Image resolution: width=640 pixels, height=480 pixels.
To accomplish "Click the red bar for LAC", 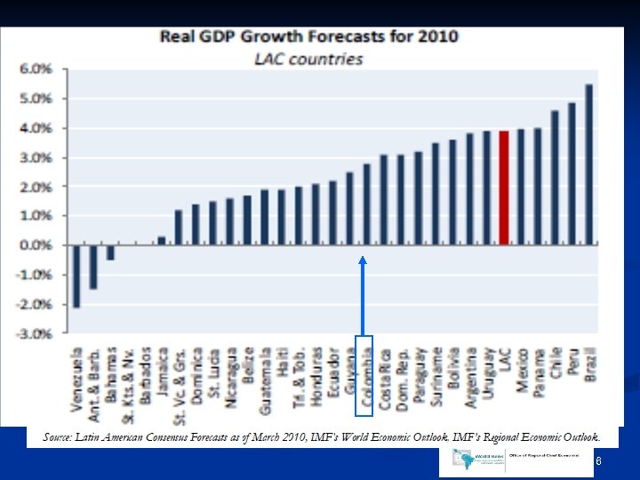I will point(504,188).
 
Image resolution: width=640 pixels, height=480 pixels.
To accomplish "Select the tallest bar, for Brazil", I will point(588,164).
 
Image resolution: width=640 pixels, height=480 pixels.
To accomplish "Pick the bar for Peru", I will point(572,173).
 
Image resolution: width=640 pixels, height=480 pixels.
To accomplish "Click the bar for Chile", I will point(555,177).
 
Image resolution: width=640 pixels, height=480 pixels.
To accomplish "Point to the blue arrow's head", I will point(363,260).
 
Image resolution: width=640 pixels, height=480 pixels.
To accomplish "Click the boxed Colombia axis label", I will point(364,376).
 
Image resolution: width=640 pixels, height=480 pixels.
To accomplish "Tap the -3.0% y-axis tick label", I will point(36,333).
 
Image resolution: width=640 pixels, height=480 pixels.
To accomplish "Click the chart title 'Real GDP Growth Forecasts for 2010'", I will point(308,36).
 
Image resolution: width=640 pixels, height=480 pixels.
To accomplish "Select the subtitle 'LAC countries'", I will point(308,59).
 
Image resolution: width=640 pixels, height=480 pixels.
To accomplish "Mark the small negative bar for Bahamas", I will point(110,252).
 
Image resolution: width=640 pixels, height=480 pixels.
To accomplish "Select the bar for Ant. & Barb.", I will point(93,267).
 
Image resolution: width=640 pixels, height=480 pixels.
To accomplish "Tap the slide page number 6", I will point(598,460).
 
